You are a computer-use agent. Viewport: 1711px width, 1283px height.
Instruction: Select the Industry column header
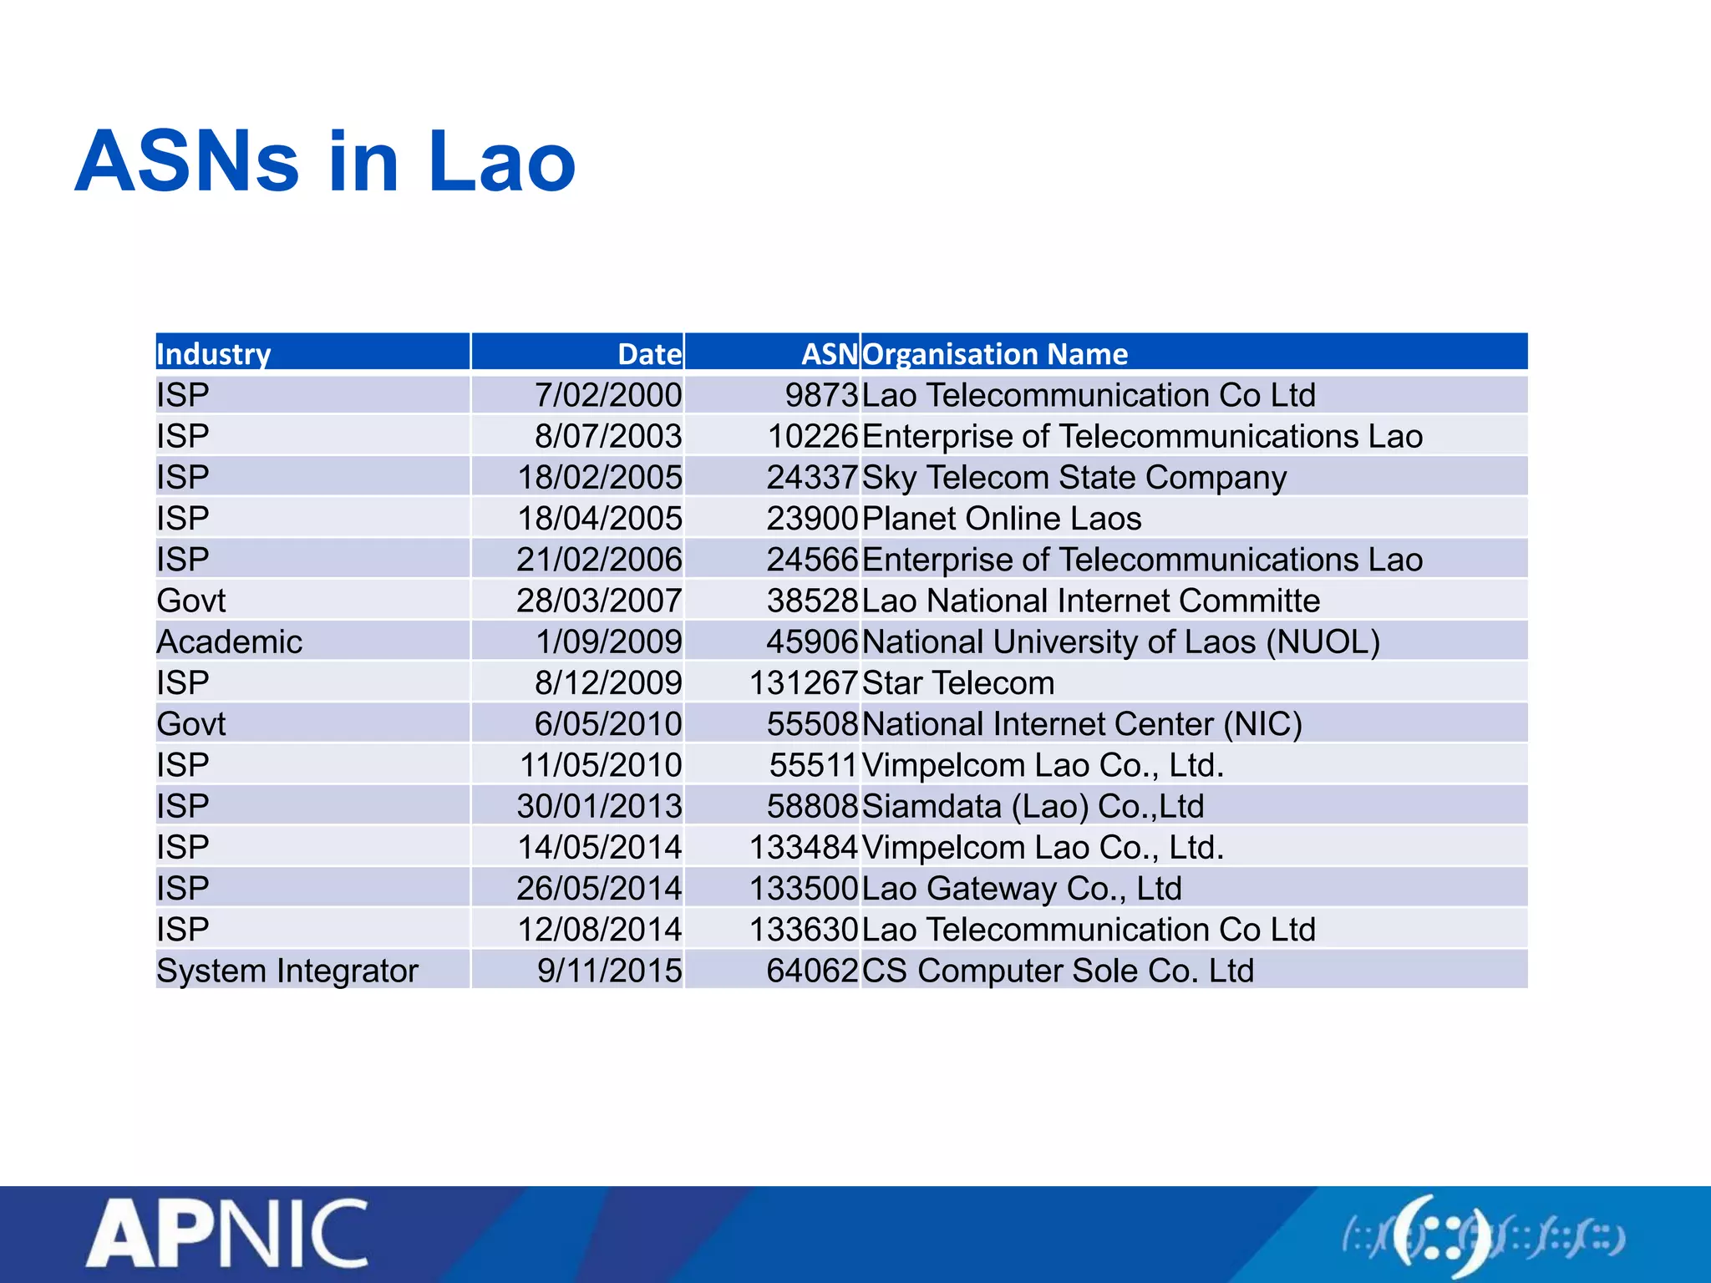tap(214, 353)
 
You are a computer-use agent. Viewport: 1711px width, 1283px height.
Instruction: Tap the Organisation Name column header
tap(995, 353)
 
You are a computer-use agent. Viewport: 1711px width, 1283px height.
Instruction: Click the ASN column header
tap(829, 353)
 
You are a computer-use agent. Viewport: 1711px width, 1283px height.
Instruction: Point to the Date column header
tap(649, 353)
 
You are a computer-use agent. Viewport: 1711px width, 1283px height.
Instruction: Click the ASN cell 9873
tap(821, 395)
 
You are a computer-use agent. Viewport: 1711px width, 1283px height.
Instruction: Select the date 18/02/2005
tap(600, 477)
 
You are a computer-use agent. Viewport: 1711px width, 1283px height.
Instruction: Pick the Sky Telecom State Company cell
tap(1074, 477)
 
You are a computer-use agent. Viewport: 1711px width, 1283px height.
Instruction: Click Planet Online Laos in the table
tap(1002, 519)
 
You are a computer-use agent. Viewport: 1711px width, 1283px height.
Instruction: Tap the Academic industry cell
tap(230, 641)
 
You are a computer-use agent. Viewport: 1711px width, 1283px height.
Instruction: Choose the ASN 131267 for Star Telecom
tap(804, 682)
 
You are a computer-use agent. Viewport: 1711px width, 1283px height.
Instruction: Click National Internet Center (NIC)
tap(1082, 723)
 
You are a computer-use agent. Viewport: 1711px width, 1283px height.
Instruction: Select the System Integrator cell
tap(287, 971)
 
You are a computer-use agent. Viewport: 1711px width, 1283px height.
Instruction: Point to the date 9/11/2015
tap(609, 971)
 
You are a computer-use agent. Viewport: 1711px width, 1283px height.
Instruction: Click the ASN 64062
tap(812, 971)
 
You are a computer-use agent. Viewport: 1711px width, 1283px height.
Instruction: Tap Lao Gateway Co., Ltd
tap(1022, 888)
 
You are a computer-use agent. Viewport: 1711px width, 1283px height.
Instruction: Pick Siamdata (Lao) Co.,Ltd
tap(1033, 806)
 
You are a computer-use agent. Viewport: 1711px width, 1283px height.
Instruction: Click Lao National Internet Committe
tap(1090, 601)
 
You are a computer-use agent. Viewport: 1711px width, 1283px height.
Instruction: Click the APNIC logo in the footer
tap(227, 1233)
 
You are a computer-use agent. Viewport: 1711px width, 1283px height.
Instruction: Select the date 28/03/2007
tap(599, 601)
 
